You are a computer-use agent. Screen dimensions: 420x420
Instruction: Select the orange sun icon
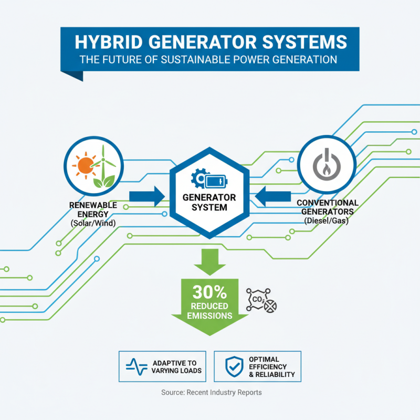point(85,164)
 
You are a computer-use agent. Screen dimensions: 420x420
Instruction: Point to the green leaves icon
point(103,181)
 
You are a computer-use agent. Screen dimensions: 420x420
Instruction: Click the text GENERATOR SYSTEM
point(209,203)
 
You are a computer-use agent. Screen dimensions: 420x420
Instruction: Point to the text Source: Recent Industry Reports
point(211,392)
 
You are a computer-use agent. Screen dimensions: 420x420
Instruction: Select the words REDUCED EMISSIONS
point(208,311)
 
